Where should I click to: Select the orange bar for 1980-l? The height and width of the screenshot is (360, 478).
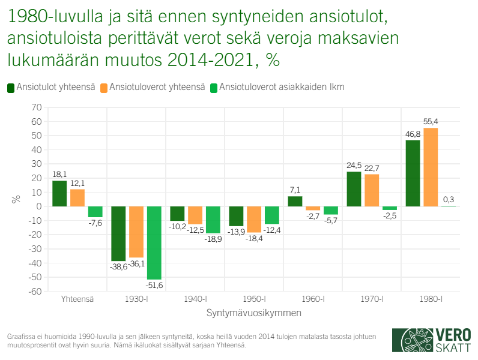tap(431, 167)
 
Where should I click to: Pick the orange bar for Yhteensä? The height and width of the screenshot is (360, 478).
tap(77, 198)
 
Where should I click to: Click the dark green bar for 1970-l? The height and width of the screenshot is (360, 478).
tap(354, 189)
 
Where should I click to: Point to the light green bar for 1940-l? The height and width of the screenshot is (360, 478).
tap(214, 220)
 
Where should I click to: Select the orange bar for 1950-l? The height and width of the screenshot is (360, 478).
tap(254, 219)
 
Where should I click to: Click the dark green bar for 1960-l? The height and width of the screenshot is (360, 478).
tap(295, 202)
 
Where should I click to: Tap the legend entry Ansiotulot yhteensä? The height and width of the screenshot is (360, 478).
tap(50, 87)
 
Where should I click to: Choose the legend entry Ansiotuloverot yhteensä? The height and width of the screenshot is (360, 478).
tap(153, 87)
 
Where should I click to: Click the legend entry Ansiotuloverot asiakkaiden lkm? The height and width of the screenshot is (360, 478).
tap(277, 87)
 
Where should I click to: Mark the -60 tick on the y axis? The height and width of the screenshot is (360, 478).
tap(35, 292)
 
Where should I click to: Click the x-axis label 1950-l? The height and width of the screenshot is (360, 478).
tap(254, 299)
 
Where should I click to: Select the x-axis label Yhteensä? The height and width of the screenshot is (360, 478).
tap(77, 299)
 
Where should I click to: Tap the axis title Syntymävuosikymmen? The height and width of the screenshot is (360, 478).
tap(254, 313)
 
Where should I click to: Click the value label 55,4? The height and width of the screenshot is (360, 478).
tap(431, 122)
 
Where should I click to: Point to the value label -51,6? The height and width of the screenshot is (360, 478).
tap(155, 286)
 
